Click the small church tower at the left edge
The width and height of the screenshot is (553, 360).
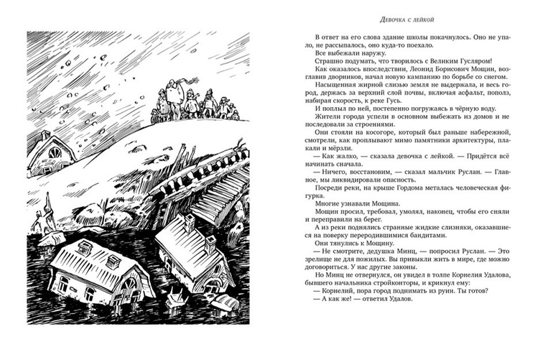(x=47, y=208)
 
